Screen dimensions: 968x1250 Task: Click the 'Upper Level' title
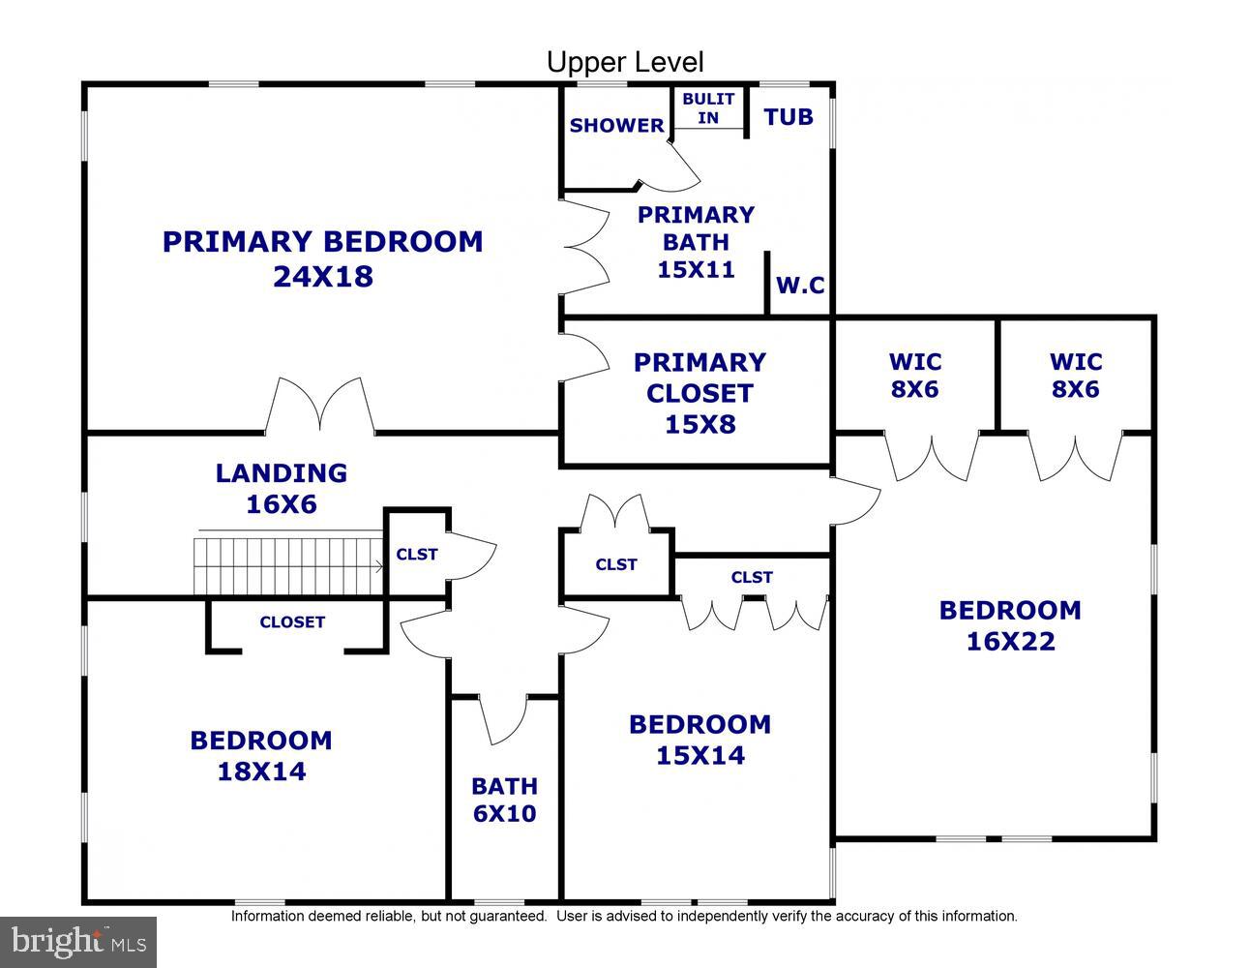point(625,63)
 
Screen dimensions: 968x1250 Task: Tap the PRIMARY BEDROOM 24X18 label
point(322,258)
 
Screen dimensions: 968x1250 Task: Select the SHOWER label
point(616,126)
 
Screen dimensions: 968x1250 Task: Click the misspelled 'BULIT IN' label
point(708,108)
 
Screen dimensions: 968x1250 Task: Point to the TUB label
point(789,117)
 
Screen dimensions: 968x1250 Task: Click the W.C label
point(800,287)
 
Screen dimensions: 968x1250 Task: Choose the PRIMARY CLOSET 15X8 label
point(699,393)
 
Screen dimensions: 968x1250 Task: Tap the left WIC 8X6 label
point(914,376)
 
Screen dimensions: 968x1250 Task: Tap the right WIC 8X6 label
point(1075,376)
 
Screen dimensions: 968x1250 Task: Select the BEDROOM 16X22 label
point(1009,625)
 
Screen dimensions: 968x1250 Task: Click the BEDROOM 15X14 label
point(699,740)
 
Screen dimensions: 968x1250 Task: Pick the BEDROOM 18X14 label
point(260,755)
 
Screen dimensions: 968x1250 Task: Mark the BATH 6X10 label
point(504,800)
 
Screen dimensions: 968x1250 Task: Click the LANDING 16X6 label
point(281,488)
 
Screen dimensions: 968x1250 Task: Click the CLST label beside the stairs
point(417,555)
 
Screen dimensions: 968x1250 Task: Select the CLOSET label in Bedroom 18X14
point(292,622)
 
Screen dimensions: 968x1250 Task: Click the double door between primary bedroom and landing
point(320,407)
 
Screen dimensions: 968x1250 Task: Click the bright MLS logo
point(78,941)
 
